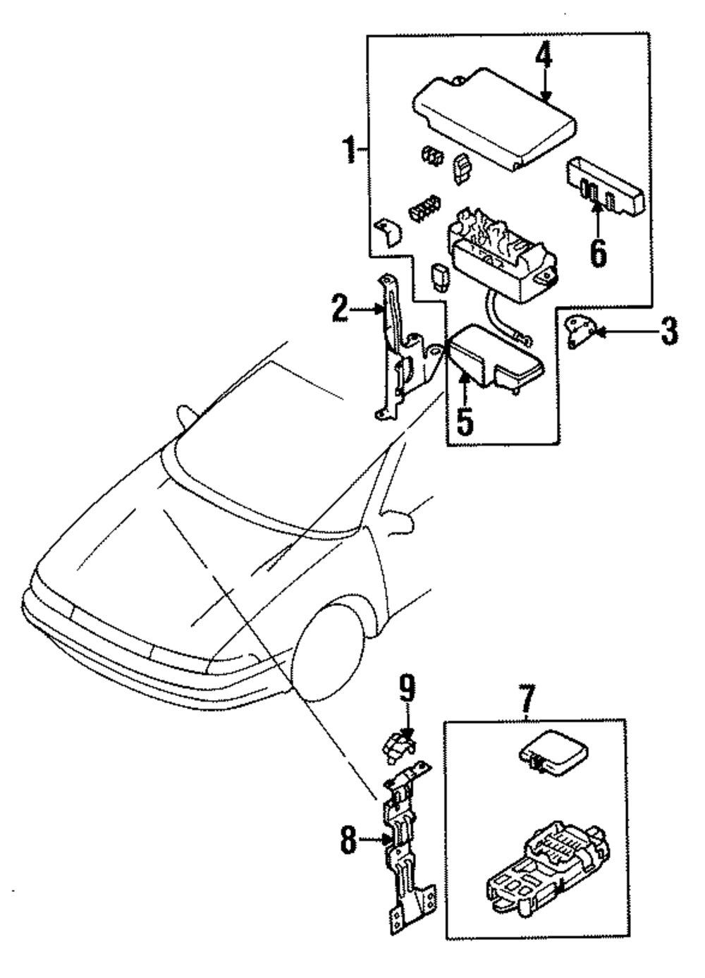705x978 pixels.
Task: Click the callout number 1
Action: (x=350, y=149)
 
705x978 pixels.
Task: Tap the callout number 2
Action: (x=340, y=309)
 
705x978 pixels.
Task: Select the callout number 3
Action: (x=669, y=331)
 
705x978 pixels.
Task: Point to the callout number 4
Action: (x=544, y=62)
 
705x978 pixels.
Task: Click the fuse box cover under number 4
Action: (x=494, y=118)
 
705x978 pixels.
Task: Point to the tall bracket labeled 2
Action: (x=407, y=347)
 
